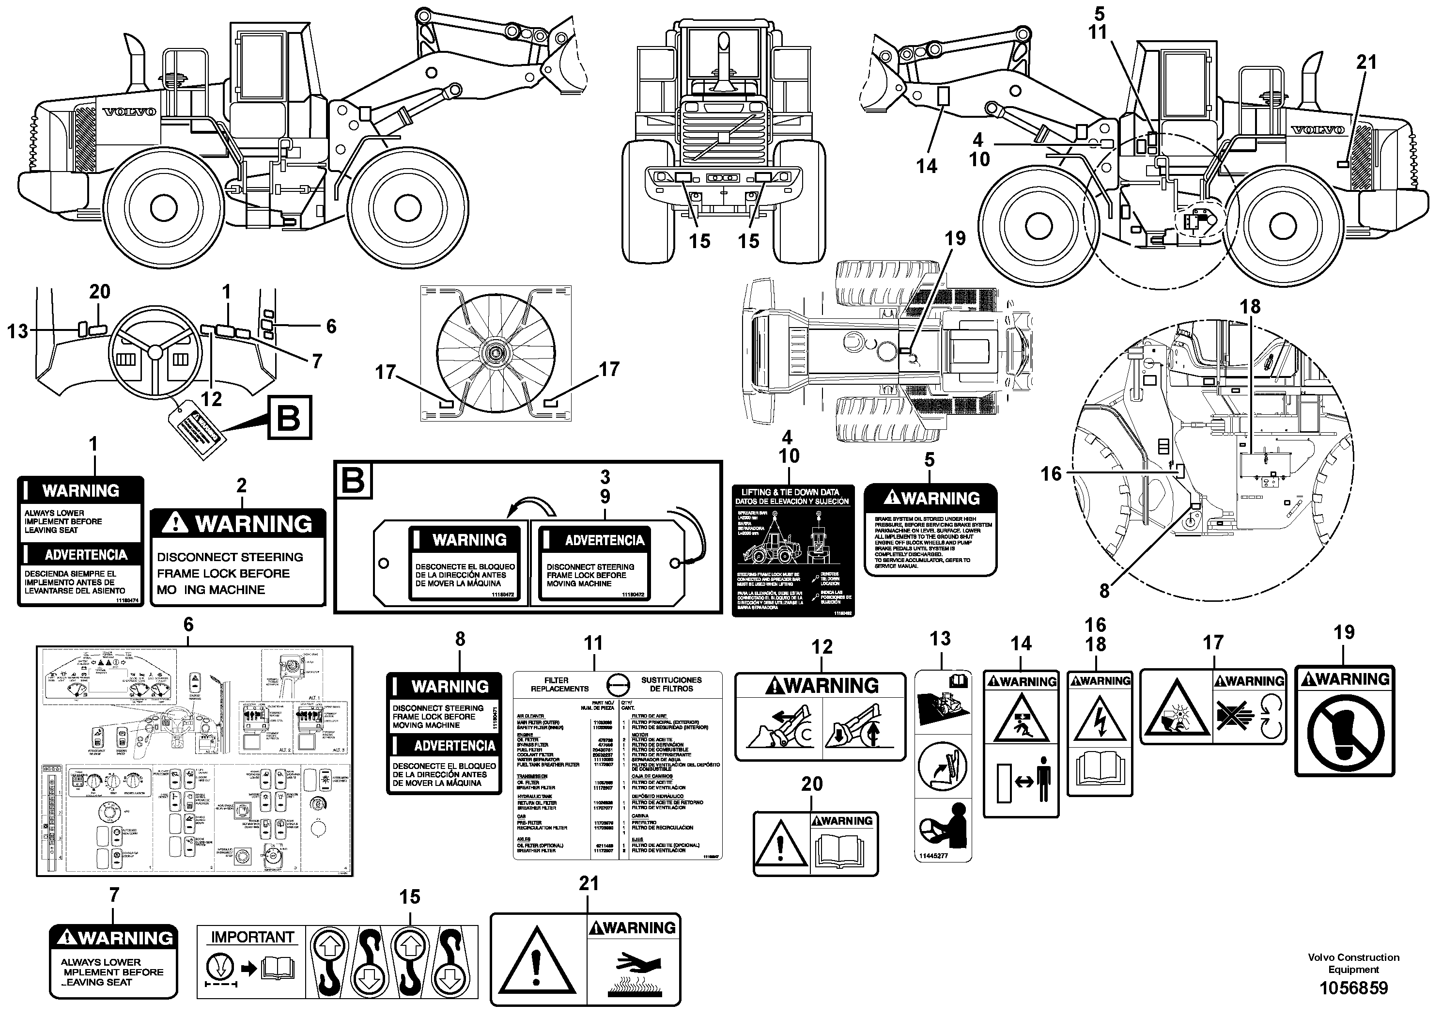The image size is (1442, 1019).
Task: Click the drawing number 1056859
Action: click(x=1353, y=988)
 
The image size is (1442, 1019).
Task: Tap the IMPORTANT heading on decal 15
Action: click(x=252, y=937)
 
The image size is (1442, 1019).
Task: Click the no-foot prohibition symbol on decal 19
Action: click(x=1344, y=733)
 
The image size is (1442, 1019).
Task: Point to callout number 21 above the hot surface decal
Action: click(x=589, y=883)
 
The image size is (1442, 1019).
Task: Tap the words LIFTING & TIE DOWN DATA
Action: click(x=790, y=492)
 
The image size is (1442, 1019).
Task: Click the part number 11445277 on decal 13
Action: click(x=933, y=856)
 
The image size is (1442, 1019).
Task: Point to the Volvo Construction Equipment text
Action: click(x=1353, y=963)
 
